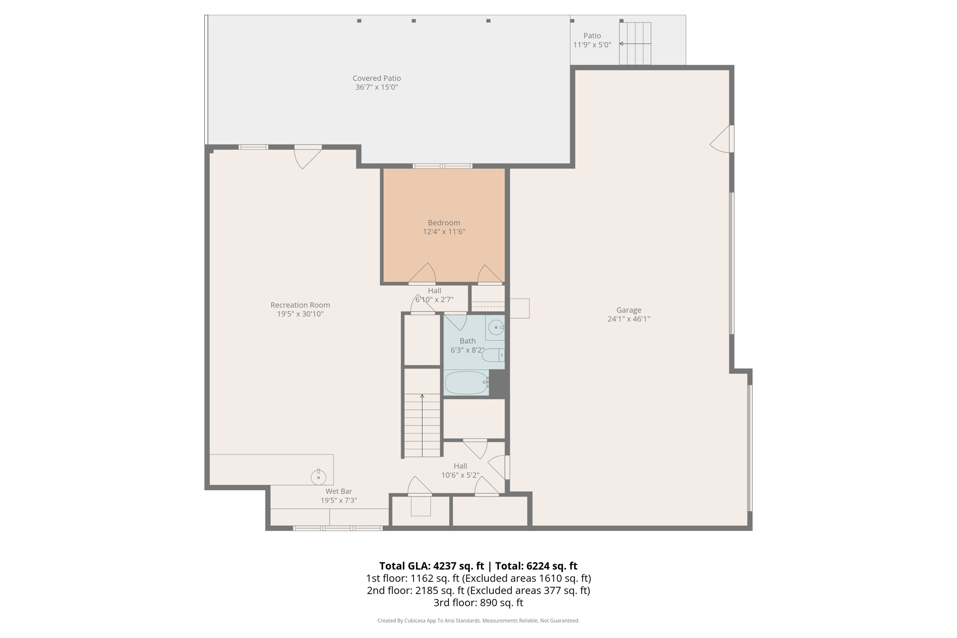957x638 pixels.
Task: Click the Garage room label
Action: [x=628, y=310]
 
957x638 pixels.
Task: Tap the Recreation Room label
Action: [x=300, y=305]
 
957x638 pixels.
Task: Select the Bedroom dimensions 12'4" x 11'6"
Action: [x=444, y=232]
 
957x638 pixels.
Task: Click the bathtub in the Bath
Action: [x=466, y=383]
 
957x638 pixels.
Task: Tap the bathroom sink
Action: [x=495, y=327]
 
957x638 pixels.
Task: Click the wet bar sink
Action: [x=318, y=477]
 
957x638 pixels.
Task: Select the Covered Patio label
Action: [x=377, y=78]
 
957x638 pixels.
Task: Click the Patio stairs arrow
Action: [x=635, y=44]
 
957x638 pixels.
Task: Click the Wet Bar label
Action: [x=339, y=491]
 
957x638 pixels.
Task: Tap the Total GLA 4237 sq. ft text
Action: [x=431, y=566]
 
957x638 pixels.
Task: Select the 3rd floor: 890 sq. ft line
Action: [x=478, y=603]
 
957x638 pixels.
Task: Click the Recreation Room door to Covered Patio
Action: [x=308, y=157]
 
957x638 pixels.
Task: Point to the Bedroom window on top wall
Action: [x=442, y=166]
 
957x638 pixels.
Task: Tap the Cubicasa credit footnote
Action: [x=478, y=621]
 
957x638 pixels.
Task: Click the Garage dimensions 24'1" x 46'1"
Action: [x=628, y=319]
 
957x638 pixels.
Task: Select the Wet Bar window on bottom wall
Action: [x=337, y=528]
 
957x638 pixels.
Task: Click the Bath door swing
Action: [x=455, y=321]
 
